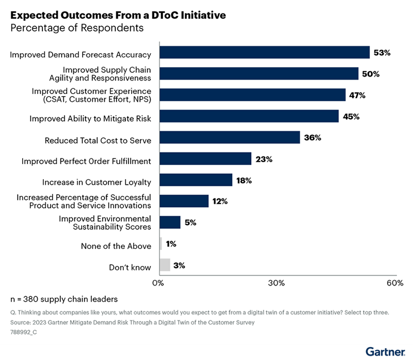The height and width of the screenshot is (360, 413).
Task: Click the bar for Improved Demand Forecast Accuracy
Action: point(264,53)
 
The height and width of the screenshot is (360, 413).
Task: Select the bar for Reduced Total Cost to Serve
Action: point(230,137)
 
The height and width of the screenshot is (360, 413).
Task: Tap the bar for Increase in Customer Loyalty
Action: point(196,180)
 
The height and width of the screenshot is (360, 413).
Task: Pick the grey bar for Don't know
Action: point(164,265)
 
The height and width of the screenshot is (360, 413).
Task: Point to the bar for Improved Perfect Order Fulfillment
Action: point(205,159)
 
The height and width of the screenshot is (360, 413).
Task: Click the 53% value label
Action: point(383,53)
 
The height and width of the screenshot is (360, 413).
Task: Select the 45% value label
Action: point(351,116)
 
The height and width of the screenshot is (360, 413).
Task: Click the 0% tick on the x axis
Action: point(158,283)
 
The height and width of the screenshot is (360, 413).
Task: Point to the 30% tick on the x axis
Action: point(277,283)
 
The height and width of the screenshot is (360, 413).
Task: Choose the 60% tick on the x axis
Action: point(395,283)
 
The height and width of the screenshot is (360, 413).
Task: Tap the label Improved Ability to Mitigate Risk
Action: point(90,118)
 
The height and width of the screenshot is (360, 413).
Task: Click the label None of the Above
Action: point(116,246)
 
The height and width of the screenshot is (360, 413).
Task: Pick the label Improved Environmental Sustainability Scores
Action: point(104,223)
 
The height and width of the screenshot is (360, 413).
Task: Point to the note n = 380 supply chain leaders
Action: point(65,299)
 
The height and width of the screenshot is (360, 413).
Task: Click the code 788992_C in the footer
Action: point(24,333)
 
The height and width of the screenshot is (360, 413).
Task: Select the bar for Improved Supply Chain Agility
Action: point(259,74)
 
